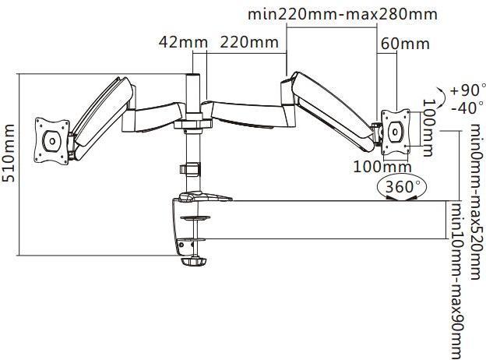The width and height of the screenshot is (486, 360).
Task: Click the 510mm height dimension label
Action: coord(8,153)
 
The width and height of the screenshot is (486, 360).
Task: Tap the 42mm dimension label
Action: coord(183,42)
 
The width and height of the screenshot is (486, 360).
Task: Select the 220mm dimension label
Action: coord(249,42)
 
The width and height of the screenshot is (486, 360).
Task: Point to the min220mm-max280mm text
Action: coord(343,14)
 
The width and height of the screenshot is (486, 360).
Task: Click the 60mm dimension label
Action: coord(405,44)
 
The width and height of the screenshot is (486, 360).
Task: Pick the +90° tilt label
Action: coord(467,90)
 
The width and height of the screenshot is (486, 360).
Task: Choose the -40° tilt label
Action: coord(467,108)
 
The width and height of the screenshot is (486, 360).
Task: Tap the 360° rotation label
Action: coord(402,187)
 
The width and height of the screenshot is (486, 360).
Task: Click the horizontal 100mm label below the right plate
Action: coord(382,167)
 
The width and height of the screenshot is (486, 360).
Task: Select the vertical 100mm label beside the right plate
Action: coord(429,128)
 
